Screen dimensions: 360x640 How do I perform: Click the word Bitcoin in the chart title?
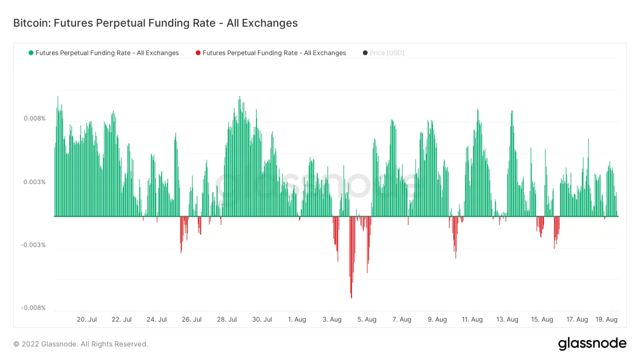30,23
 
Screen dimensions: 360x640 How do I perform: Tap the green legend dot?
31,53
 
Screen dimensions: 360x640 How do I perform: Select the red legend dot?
198,53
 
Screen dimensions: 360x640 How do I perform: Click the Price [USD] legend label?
386,53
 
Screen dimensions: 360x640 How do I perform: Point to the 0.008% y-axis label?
35,119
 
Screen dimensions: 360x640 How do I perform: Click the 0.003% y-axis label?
35,182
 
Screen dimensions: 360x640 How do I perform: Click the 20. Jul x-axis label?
87,320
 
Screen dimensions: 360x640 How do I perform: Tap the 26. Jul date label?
192,320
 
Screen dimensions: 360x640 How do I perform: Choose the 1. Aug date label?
297,320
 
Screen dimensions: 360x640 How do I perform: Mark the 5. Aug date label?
367,320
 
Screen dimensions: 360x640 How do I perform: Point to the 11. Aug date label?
472,320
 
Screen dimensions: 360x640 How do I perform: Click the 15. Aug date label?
542,320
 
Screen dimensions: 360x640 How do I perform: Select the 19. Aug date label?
607,320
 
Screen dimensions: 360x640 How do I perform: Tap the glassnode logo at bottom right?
592,344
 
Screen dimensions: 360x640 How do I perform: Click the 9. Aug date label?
437,320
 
